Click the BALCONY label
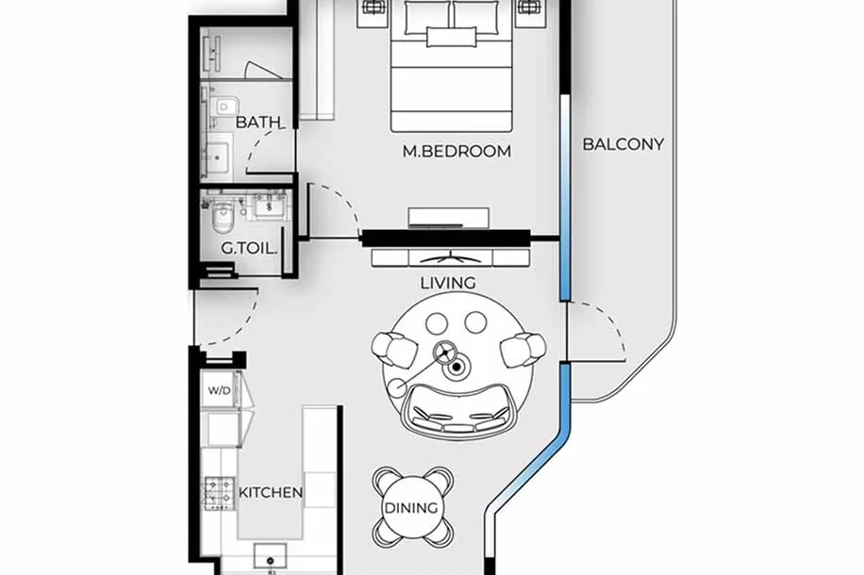pos(623,144)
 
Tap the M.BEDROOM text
pos(457,151)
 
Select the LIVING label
pos(448,283)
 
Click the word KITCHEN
pos(271,492)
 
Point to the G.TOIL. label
pos(249,249)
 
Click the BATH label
pos(258,122)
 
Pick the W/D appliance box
pos(220,390)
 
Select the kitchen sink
pos(270,556)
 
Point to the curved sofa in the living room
pos(458,409)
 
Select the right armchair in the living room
pos(523,350)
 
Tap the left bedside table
pos(374,12)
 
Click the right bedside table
pos(532,12)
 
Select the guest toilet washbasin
pos(270,206)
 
